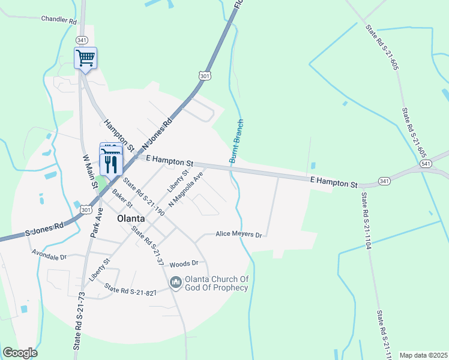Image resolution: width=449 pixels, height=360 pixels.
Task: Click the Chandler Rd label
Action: (x=59, y=20)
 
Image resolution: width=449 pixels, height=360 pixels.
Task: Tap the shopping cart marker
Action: (x=86, y=58)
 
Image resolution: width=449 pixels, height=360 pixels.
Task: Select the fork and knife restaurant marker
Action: (x=110, y=164)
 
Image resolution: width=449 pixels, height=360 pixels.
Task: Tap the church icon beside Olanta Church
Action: (x=175, y=281)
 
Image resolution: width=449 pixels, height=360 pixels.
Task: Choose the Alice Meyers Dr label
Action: (x=239, y=235)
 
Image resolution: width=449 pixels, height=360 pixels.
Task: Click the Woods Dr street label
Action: (x=184, y=263)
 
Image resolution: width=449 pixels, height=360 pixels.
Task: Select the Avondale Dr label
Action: (x=50, y=256)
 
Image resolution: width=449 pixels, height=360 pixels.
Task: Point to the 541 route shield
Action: (x=426, y=164)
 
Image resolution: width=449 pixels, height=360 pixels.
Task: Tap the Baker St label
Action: (x=122, y=200)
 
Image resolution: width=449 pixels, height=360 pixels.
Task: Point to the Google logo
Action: (x=20, y=353)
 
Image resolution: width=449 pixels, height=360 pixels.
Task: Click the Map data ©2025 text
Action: (x=423, y=355)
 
